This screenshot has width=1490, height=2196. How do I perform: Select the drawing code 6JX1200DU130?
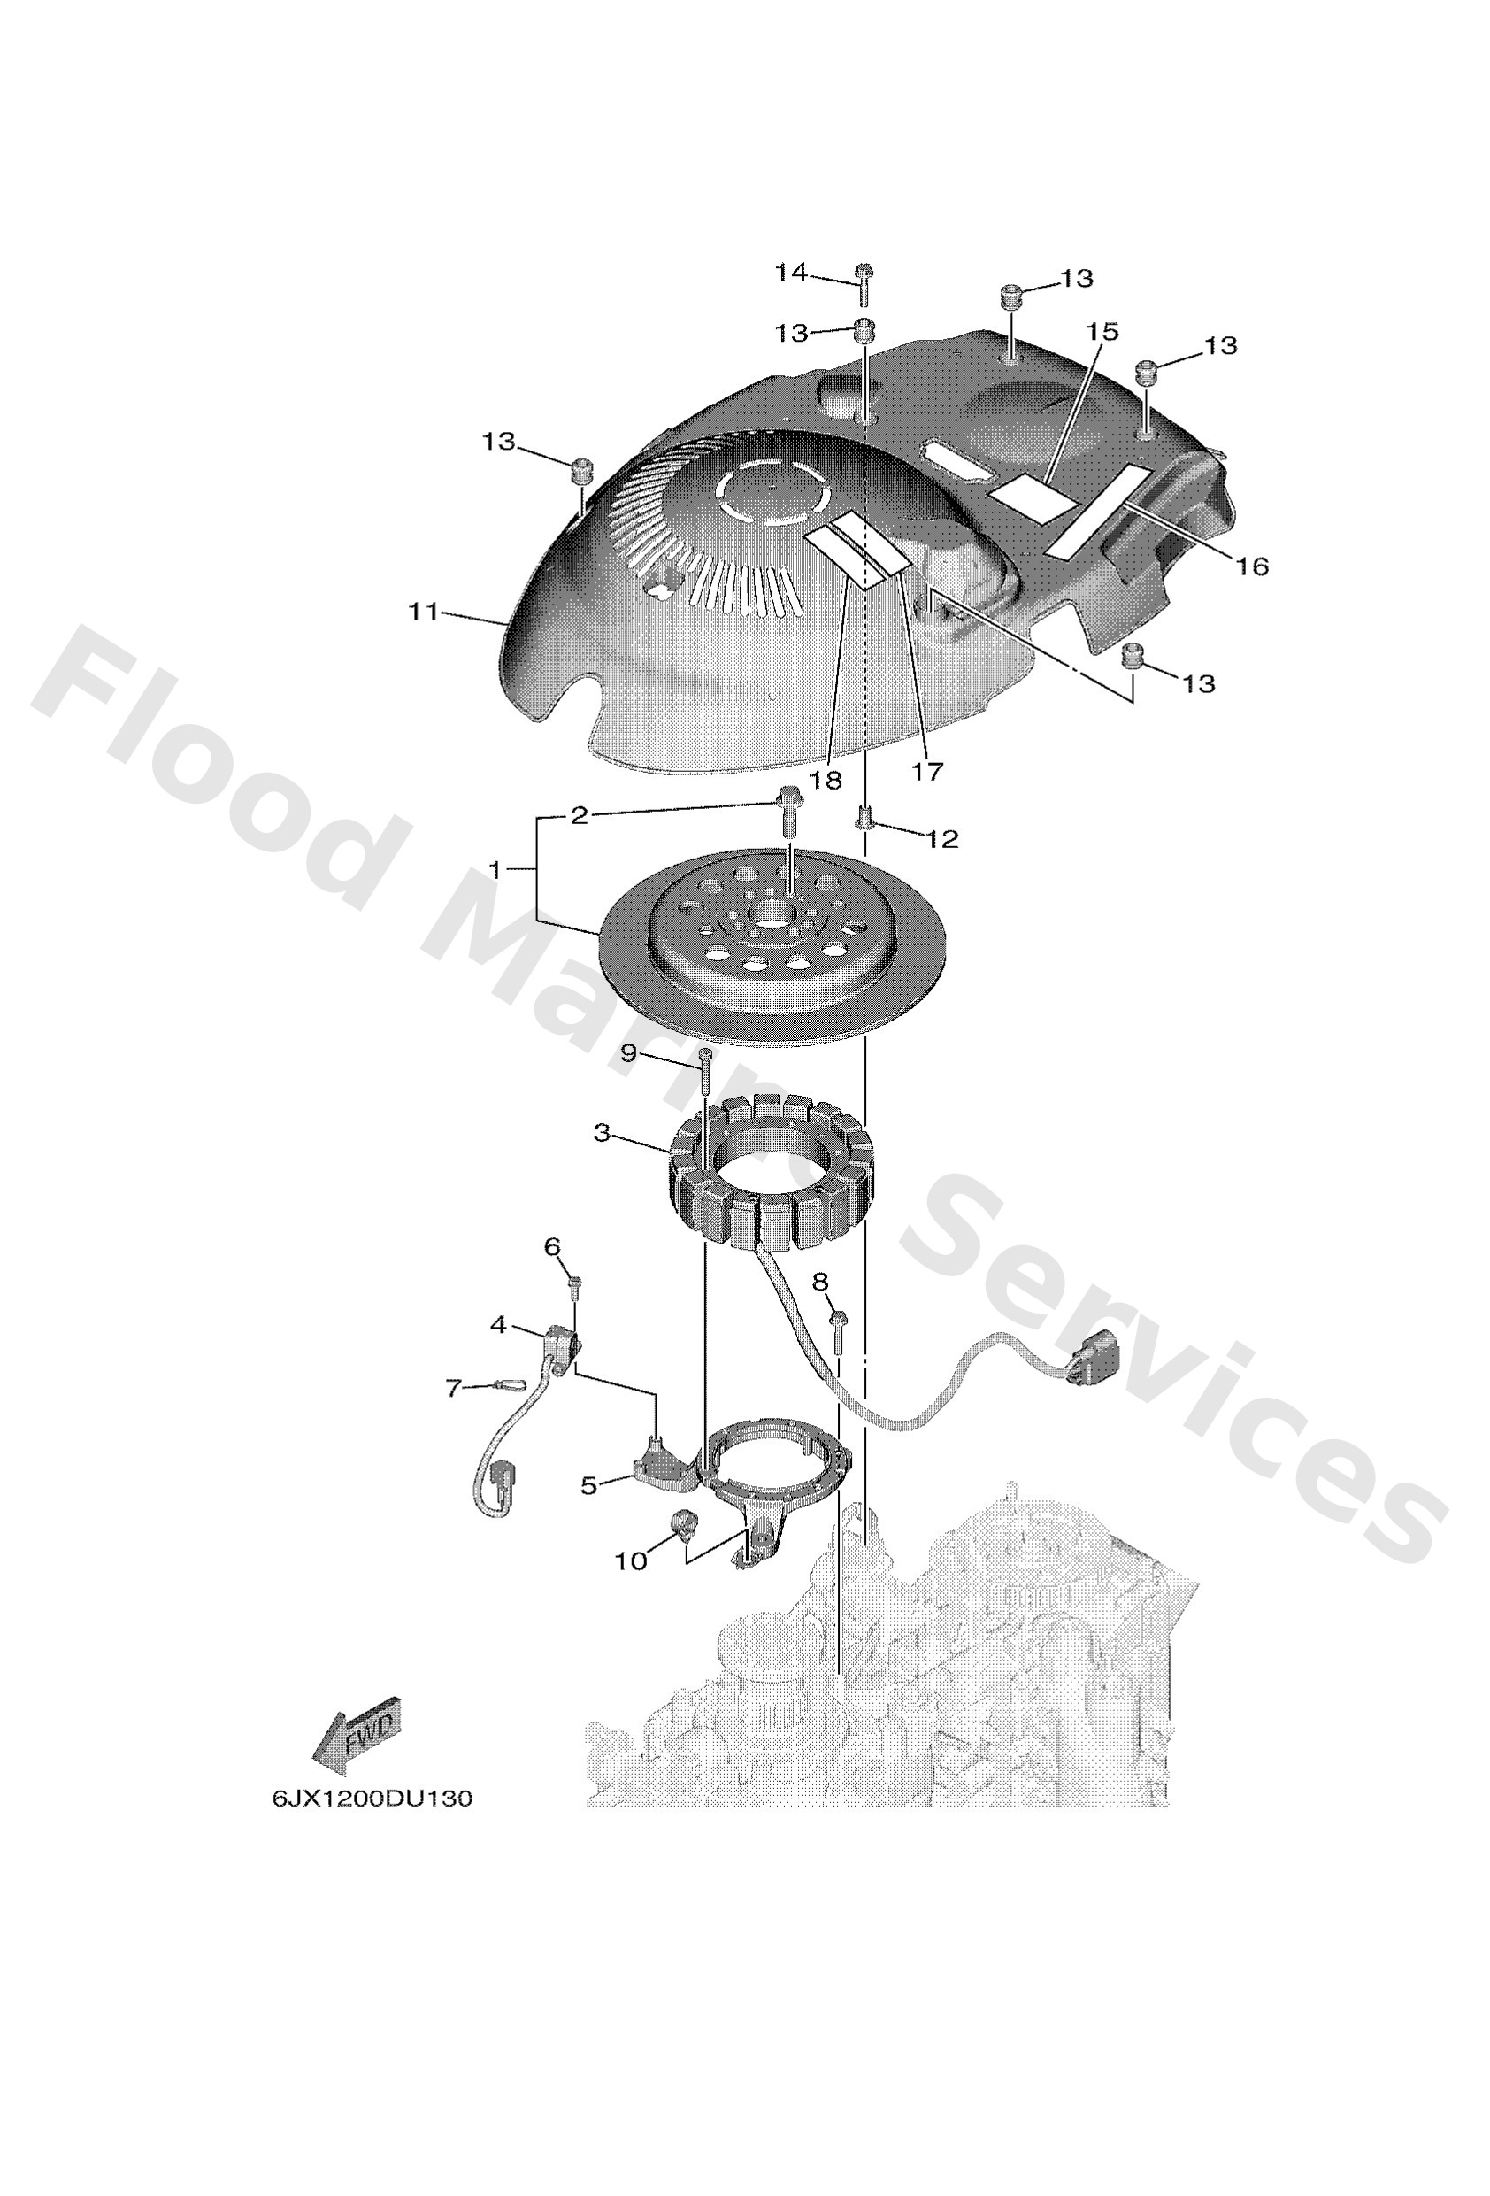[372, 1799]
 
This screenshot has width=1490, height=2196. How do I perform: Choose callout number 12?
[942, 838]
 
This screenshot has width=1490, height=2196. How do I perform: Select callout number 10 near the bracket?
[631, 1561]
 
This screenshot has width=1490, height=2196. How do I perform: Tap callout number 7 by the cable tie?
[456, 1388]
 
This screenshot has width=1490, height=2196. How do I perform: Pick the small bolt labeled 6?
[573, 1283]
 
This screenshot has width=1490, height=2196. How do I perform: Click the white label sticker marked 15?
[1032, 496]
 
